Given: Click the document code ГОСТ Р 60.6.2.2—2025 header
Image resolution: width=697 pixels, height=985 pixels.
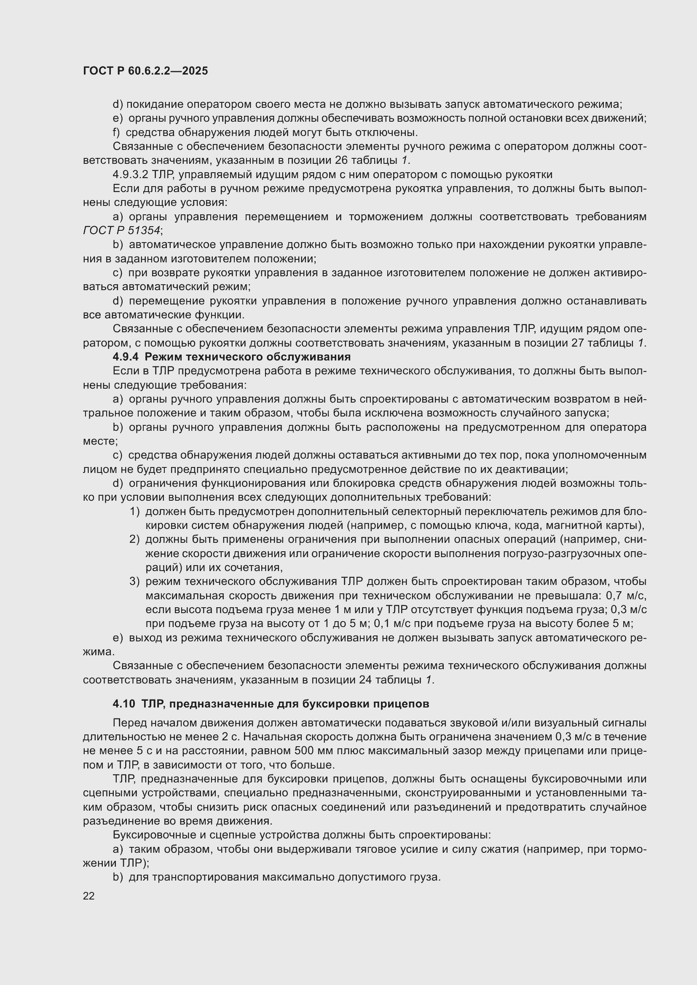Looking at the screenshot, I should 145,71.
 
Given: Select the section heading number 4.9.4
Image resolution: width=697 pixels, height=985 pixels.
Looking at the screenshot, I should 125,357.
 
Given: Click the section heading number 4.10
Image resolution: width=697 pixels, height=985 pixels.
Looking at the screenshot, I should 124,704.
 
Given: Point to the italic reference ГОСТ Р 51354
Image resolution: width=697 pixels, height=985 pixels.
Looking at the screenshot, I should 122,231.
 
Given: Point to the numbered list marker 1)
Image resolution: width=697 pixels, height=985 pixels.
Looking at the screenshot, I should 135,512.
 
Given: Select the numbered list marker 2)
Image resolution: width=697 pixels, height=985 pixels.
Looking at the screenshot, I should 135,540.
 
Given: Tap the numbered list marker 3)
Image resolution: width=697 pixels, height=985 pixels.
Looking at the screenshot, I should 135,582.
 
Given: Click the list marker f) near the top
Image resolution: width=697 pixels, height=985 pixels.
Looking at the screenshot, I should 116,133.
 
